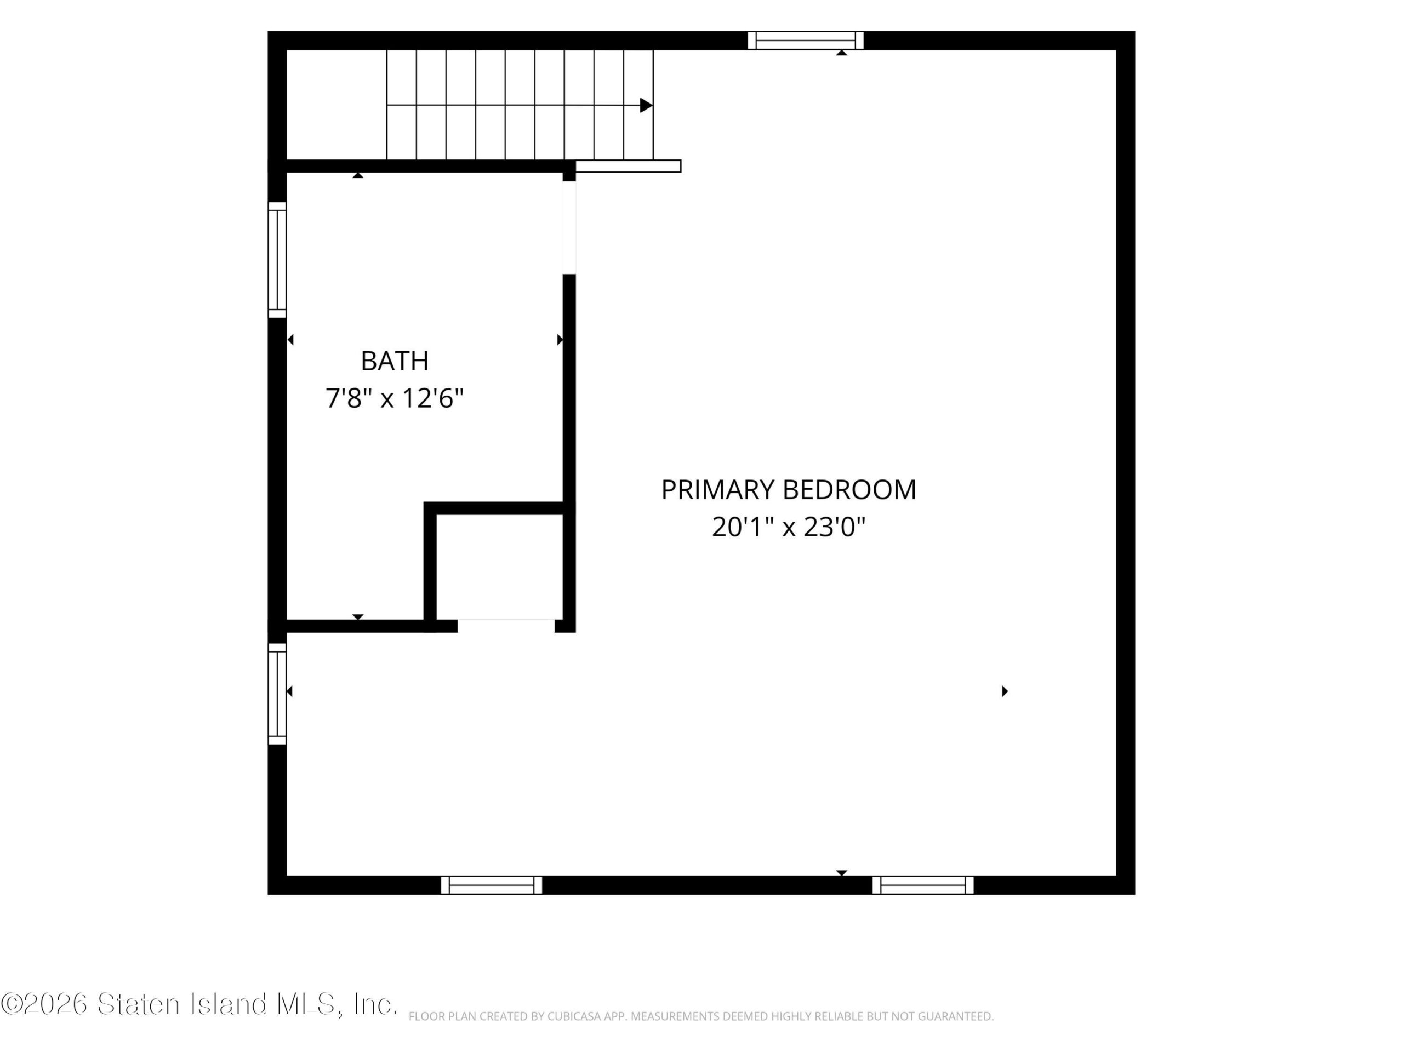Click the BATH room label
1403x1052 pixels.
click(x=395, y=362)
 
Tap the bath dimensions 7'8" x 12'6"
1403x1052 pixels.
click(x=395, y=399)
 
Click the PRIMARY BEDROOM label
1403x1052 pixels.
click(x=789, y=489)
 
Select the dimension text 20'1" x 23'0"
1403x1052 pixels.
click(x=789, y=527)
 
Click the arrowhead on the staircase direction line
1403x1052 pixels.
click(x=646, y=105)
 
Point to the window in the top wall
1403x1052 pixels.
click(x=806, y=41)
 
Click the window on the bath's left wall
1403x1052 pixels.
click(x=277, y=260)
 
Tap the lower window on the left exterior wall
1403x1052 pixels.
click(x=277, y=694)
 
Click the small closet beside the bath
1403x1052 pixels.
click(x=500, y=566)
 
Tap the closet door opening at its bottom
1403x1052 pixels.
click(x=506, y=626)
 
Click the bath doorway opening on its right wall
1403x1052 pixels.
click(x=569, y=227)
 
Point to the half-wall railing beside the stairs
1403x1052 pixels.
click(x=628, y=166)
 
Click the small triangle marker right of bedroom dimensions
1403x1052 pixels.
click(x=1005, y=691)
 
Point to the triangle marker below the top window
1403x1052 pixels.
click(x=842, y=53)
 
